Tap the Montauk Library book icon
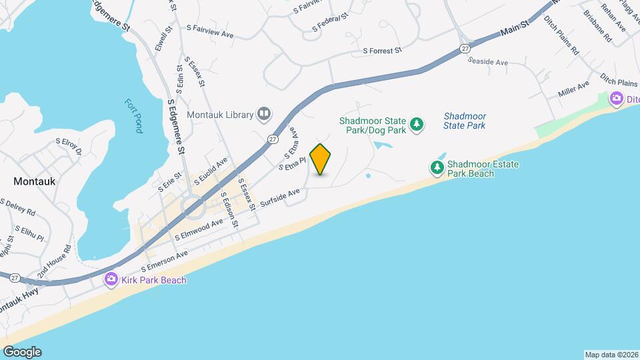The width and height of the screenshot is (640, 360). [265, 114]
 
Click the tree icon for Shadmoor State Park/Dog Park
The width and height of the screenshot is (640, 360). [417, 124]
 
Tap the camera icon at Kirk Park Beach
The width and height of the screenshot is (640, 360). [111, 279]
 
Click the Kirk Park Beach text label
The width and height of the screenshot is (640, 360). [154, 280]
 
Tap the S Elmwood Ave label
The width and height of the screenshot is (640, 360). [198, 231]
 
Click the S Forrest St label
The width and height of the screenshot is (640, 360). [382, 50]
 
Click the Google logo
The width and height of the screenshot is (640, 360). [21, 352]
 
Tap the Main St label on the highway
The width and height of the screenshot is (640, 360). [515, 28]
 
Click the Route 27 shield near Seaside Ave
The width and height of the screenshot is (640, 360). [465, 48]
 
